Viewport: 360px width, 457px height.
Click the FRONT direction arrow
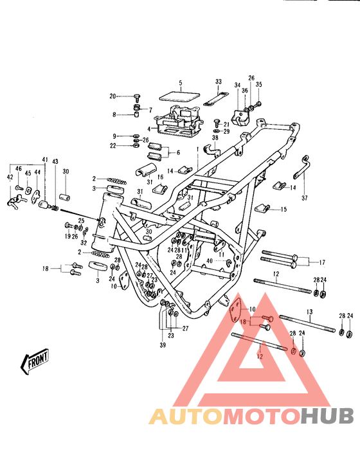[x=37, y=362]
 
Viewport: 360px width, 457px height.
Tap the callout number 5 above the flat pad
[x=181, y=84]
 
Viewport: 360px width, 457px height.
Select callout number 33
[x=218, y=82]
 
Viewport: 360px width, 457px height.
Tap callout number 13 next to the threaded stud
[x=309, y=312]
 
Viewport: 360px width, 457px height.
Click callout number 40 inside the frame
[x=208, y=260]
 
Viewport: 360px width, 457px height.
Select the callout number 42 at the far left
[x=9, y=177]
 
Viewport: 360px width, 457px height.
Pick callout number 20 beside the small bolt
[x=113, y=96]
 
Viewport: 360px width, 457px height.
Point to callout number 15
[x=284, y=210]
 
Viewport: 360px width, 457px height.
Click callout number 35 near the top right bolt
[x=259, y=84]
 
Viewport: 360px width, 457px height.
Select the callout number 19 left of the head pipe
[x=67, y=237]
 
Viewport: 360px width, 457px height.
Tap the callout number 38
[x=215, y=138]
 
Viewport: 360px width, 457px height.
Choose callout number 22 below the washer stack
[x=113, y=146]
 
